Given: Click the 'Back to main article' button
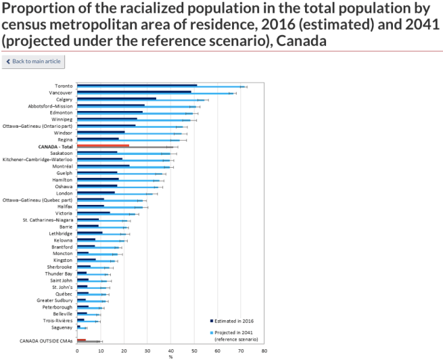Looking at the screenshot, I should (33, 62).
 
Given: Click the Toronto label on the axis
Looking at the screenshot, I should (64, 86).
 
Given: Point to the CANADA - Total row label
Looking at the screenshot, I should (55, 145).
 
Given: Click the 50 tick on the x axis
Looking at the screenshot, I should (194, 351).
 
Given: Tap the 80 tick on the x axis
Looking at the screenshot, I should (264, 351).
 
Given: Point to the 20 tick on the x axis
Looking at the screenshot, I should (124, 351).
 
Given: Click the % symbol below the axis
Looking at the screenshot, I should (170, 357).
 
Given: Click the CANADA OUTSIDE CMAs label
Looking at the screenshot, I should (46, 340).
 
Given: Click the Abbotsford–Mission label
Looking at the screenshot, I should (50, 106).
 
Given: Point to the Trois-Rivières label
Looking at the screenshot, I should (58, 320).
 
